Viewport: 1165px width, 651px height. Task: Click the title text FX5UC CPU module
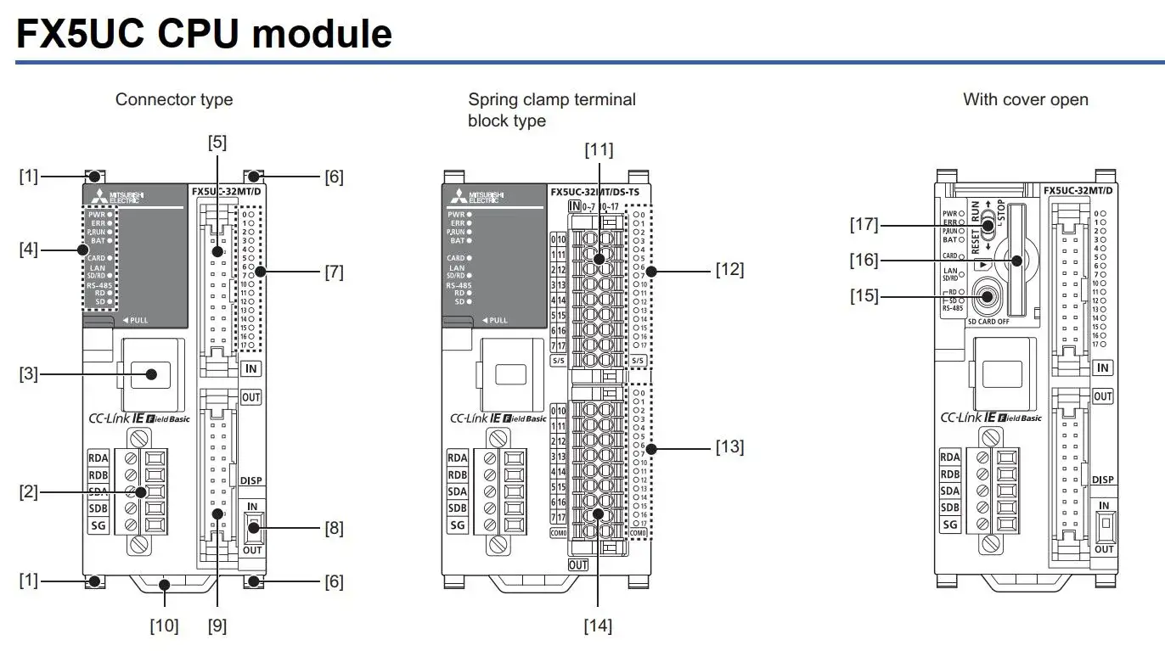click(x=204, y=34)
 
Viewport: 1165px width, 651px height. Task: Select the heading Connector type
click(x=174, y=99)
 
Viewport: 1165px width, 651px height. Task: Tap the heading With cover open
click(x=1025, y=99)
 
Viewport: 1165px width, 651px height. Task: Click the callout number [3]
click(x=30, y=373)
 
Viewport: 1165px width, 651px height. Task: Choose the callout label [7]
click(x=335, y=272)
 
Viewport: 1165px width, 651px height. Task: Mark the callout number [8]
click(x=335, y=527)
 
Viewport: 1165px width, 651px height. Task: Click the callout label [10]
click(x=165, y=626)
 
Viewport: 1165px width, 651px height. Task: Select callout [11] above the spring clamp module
click(x=598, y=150)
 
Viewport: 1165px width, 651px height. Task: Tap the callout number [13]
click(x=729, y=446)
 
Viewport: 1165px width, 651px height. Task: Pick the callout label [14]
click(x=598, y=626)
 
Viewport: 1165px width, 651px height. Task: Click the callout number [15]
click(x=864, y=296)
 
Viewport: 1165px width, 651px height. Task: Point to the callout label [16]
click(x=864, y=261)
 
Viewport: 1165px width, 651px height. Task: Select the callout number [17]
click(x=864, y=225)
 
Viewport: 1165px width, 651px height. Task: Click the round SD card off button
click(x=987, y=297)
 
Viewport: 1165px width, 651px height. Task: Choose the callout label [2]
click(x=30, y=491)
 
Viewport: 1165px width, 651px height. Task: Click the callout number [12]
click(x=729, y=270)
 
